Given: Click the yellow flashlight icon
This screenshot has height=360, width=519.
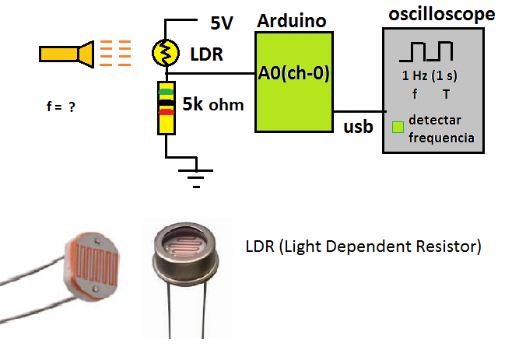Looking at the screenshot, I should coord(66,53).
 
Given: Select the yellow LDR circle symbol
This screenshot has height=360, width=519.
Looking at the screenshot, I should coord(165,52).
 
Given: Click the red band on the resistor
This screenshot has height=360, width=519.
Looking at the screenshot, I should coord(166,113).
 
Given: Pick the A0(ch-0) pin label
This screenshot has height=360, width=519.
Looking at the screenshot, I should coord(295,75).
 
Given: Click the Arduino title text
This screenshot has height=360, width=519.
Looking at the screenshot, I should coord(293,19).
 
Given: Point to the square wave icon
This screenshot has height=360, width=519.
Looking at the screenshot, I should coord(426,52).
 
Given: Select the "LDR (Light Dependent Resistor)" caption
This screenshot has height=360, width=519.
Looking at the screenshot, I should coord(363,247).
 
